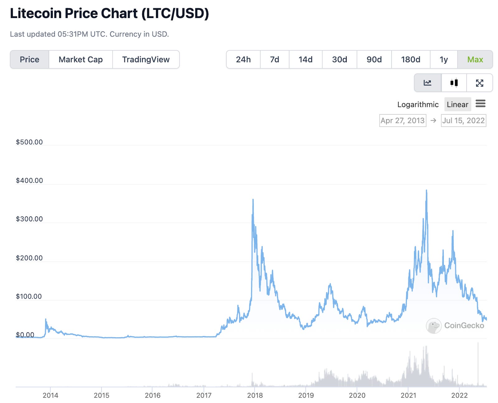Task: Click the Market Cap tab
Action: pos(81,60)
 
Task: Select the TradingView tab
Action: pos(146,60)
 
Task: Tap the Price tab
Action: pos(30,60)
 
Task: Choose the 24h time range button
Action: pos(243,60)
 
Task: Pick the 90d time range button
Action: pos(374,60)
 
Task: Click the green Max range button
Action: pos(475,60)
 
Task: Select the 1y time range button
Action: pos(444,60)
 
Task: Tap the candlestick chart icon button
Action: pos(454,83)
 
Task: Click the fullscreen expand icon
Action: pos(479,83)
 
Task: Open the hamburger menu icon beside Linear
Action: pos(480,104)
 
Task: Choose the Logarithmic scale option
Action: pos(418,104)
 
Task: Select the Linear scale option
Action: pos(457,104)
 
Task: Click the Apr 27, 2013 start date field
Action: pos(402,121)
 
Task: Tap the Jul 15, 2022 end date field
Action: pos(463,121)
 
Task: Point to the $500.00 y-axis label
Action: pos(29,142)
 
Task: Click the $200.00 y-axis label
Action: pos(29,258)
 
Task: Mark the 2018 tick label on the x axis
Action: pos(255,395)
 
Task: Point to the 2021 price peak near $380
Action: pos(426,191)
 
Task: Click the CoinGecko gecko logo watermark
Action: pos(434,326)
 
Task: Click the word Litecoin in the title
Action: pos(35,13)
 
